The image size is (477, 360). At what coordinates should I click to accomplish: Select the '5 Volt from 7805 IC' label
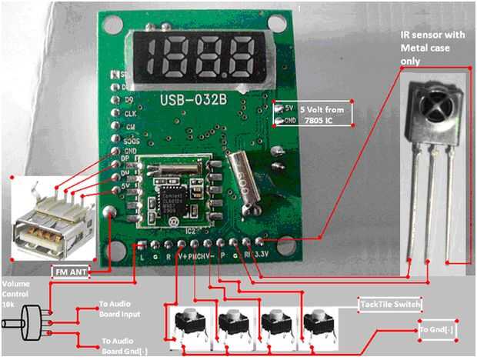pyautogui.click(x=325, y=113)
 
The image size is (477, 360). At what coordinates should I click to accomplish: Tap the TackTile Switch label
pyautogui.click(x=390, y=305)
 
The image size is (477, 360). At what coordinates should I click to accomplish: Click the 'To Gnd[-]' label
pyautogui.click(x=435, y=332)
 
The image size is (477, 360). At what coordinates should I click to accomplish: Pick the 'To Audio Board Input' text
pyautogui.click(x=121, y=308)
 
